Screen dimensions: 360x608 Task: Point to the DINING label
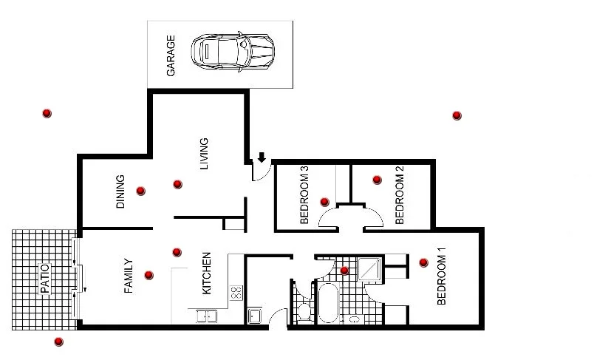[x=121, y=191]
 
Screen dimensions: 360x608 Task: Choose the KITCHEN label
[x=207, y=273]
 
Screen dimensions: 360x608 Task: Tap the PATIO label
[x=44, y=279]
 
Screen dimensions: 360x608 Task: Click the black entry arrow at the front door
[x=262, y=157]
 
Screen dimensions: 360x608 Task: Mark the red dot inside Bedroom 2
[x=377, y=179]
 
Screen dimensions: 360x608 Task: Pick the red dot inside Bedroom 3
[x=324, y=201]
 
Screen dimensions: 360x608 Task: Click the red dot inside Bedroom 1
[x=423, y=262]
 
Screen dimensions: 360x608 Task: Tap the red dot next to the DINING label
[x=140, y=191]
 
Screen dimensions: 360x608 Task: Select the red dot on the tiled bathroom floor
[x=344, y=271]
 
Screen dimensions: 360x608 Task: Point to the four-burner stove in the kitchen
[x=236, y=292]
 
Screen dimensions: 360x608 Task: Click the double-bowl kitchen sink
[x=206, y=316]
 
